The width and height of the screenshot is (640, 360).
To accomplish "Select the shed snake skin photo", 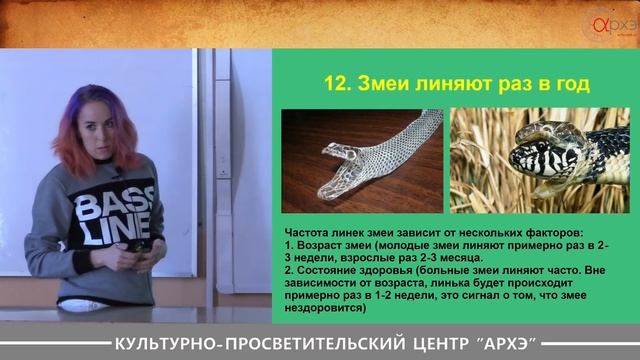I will tap(361, 161).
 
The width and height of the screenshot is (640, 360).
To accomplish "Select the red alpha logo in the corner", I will tap(603, 21).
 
